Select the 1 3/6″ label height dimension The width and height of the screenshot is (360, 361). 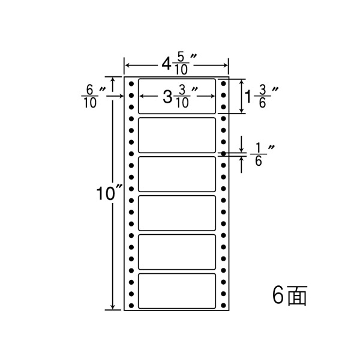(262, 97)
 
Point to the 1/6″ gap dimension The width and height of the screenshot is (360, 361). (262, 155)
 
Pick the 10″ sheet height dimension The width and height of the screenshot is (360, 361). (109, 193)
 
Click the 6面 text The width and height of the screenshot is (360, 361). (290, 296)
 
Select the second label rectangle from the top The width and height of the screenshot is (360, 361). (177, 135)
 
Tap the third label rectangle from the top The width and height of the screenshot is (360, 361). (177, 174)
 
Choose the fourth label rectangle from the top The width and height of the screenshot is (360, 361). (177, 213)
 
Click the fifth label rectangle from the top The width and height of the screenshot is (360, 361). (177, 252)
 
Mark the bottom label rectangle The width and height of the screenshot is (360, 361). (177, 291)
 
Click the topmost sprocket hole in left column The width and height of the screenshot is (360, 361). (131, 83)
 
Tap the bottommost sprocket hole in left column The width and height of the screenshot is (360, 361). (131, 306)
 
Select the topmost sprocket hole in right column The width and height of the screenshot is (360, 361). (223, 83)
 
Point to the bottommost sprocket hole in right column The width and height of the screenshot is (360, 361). (223, 306)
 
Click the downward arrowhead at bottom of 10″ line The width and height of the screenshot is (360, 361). (112, 307)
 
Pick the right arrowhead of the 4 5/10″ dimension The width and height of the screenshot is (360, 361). (225, 65)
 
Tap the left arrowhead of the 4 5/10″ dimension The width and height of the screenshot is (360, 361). (128, 65)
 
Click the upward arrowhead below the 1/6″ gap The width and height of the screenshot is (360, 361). (241, 159)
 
